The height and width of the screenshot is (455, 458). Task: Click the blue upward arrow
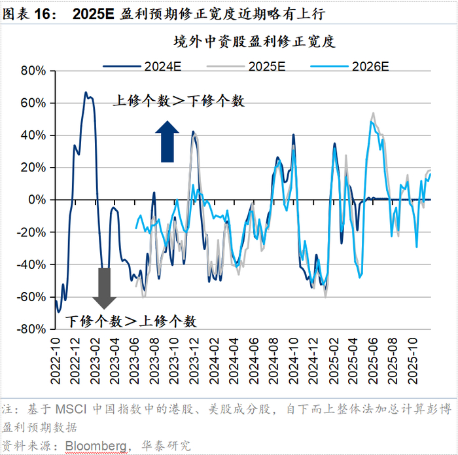pyautogui.click(x=166, y=141)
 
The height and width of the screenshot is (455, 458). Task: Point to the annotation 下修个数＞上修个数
pyautogui.click(x=131, y=321)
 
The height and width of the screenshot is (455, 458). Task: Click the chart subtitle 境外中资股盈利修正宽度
pyautogui.click(x=254, y=43)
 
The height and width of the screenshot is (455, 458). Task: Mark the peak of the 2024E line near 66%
pyautogui.click(x=86, y=93)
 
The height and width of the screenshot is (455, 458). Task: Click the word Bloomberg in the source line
pyautogui.click(x=95, y=446)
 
